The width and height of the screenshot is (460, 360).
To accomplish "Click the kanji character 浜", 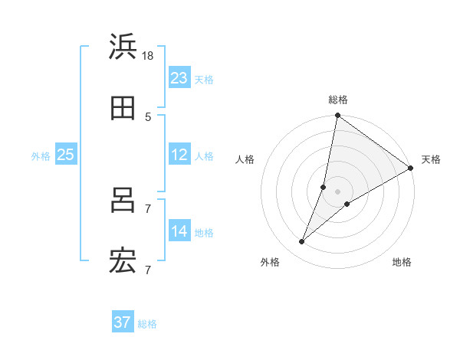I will pos(123,47).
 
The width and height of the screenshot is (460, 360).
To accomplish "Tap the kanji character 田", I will pos(123,109).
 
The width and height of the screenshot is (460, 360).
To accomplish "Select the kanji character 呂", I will pos(123,201).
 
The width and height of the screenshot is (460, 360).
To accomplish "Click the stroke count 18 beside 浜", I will pos(148,55).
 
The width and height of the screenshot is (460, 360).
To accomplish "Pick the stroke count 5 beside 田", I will pos(148,116).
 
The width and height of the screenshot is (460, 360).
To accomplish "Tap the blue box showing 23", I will pos(179,78).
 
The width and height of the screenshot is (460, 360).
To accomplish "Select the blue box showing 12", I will pos(179,155).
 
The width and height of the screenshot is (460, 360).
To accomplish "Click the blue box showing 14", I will pos(179,231).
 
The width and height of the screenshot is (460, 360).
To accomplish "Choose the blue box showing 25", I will pos(66,155).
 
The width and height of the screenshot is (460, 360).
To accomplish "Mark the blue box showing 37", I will pos(123,322).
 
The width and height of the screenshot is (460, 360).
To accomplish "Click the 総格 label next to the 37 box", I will pos(147,324).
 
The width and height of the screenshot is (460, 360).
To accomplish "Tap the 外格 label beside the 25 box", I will pos(41,156).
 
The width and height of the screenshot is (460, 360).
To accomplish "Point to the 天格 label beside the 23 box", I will pos(204,79).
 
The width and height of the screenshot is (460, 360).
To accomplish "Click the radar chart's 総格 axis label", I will pos(338,100).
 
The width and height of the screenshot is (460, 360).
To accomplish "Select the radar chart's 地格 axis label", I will pos(402,263).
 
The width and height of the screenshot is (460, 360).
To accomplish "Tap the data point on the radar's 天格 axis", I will pos(410,169).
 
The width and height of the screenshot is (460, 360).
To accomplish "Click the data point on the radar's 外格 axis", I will pos(302,242).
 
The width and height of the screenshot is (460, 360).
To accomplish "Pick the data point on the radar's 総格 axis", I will pos(337,116).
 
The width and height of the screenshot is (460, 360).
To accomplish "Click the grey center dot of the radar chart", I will pos(338,191).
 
